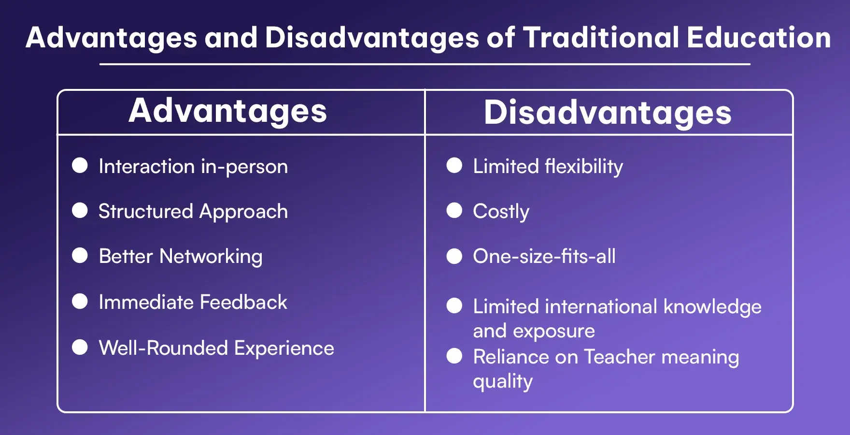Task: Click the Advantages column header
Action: point(227,111)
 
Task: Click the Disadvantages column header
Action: point(608,113)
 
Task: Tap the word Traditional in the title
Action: point(601,38)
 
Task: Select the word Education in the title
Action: point(758,38)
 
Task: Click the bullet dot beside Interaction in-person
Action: point(80,165)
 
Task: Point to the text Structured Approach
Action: point(193,212)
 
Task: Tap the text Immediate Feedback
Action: point(193,302)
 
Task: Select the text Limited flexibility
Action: point(548,166)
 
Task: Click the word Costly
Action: point(501,212)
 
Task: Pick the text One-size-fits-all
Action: point(544,256)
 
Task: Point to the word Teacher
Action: point(619,357)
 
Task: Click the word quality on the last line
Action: point(502,381)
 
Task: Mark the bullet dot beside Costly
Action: point(454,210)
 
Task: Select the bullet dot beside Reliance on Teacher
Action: point(454,356)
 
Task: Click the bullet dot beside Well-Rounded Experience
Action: point(80,347)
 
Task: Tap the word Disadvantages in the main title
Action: point(372,38)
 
